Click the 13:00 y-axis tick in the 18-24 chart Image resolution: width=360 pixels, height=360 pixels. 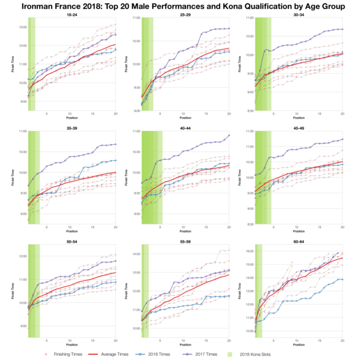[x=22, y=28]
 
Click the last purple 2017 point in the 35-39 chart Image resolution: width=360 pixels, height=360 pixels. [x=115, y=144]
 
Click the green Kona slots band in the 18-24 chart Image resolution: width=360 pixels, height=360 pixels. [x=32, y=60]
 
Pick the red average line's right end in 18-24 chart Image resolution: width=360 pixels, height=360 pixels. [x=115, y=44]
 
